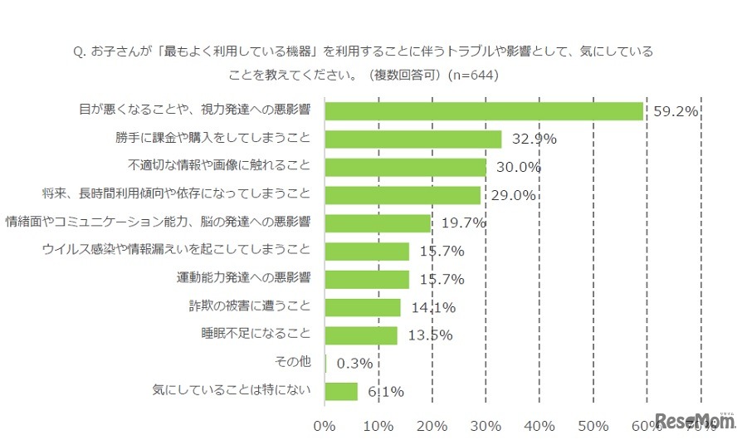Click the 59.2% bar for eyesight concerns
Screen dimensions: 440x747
click(484, 111)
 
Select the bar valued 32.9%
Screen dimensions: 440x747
click(413, 139)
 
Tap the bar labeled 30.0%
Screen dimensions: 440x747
click(405, 167)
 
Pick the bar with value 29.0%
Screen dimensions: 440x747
click(403, 195)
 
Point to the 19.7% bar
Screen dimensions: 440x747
click(378, 222)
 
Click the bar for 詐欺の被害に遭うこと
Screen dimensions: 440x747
click(363, 307)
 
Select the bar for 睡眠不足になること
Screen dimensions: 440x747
click(361, 335)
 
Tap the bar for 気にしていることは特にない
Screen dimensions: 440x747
click(341, 391)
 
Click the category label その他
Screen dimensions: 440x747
click(293, 361)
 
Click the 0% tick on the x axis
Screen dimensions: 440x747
click(325, 426)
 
